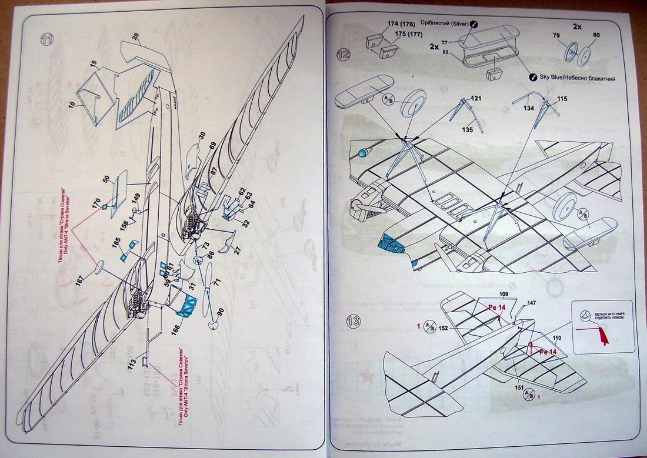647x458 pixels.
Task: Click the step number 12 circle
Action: (x=343, y=55)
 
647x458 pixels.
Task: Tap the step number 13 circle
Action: (x=353, y=322)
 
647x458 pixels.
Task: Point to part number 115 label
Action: (x=562, y=99)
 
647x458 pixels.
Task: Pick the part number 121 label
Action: (x=476, y=98)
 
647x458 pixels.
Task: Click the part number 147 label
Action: (x=531, y=303)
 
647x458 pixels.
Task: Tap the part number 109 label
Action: (x=503, y=293)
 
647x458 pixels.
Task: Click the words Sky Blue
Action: (x=554, y=78)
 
